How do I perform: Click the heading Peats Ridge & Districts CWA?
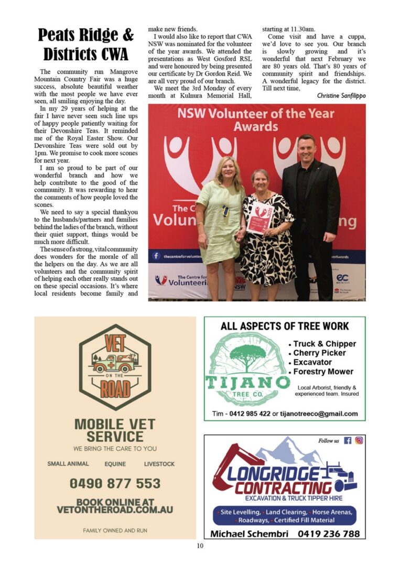[86, 44]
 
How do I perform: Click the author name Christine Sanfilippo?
[341, 95]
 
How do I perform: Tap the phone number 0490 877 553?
[115, 483]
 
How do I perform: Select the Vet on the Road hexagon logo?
[115, 367]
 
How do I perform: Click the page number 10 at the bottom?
[200, 546]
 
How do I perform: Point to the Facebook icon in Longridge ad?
[348, 441]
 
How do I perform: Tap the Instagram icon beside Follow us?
[359, 441]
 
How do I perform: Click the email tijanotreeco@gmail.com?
[319, 413]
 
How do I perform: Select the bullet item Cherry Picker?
[319, 353]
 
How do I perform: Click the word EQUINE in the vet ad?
[115, 464]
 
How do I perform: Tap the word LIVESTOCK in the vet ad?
[159, 464]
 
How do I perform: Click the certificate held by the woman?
[260, 216]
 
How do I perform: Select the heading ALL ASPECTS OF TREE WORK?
[285, 326]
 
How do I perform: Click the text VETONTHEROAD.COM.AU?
[115, 509]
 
